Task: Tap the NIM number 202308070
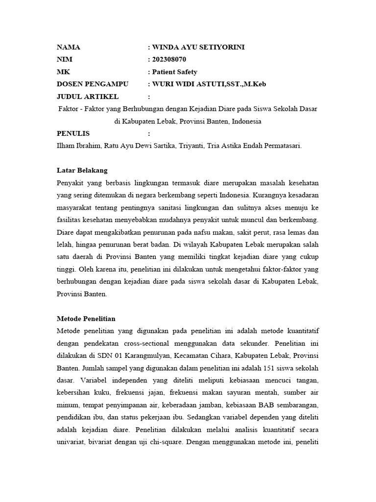(x=169, y=60)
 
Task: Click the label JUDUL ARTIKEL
(x=88, y=97)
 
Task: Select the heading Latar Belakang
(x=82, y=171)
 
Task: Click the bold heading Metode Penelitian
(x=86, y=319)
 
